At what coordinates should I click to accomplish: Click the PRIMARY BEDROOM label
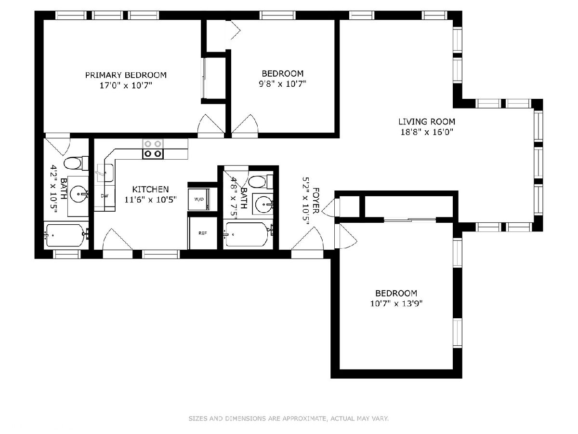coord(126,75)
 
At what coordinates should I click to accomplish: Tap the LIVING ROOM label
coord(427,122)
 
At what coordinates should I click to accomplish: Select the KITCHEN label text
coord(150,190)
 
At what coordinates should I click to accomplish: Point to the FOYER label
coord(315,201)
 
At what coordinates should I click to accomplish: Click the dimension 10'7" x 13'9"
coord(396,304)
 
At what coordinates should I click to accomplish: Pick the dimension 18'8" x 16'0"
coord(427,132)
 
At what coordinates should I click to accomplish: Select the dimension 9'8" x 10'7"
coord(282,84)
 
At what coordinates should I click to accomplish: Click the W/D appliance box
coord(199,199)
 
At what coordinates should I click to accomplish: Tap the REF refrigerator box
coord(202,233)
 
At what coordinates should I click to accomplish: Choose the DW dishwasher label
coord(105,196)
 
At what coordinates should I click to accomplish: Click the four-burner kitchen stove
coord(153,149)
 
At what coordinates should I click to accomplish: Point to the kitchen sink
coord(105,173)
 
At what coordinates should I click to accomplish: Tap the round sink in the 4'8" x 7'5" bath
coord(263,204)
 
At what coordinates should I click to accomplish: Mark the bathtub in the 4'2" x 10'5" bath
coord(66,235)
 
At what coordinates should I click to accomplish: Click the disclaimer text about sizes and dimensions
coord(289,418)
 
